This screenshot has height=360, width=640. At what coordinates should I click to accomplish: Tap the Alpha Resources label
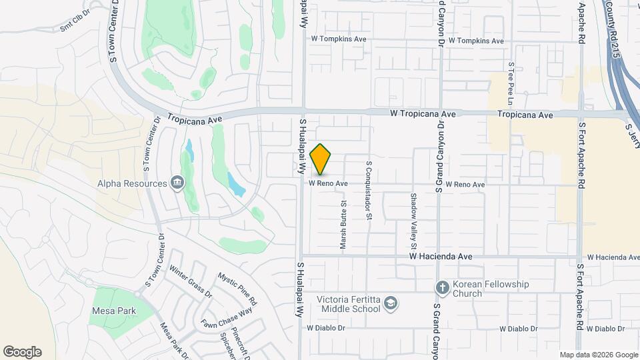[x=132, y=183]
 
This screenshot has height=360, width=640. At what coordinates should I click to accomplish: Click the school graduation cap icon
[x=391, y=305]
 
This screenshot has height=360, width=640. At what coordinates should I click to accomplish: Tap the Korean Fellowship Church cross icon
[x=442, y=288]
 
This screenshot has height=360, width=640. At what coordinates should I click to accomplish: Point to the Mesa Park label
[x=114, y=311]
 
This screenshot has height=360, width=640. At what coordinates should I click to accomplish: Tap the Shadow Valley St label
[x=413, y=212]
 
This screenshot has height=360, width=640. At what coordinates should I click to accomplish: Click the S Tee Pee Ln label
[x=511, y=84]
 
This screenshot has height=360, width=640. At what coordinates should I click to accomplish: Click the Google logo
[x=22, y=352]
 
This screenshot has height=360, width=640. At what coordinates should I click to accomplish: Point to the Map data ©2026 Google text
[x=598, y=355]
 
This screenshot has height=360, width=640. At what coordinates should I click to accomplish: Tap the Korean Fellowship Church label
[x=491, y=289]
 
